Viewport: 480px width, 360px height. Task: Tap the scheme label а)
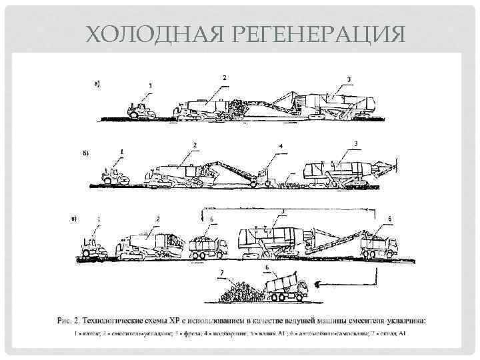point(97,84)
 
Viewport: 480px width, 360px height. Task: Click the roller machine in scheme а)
point(142,111)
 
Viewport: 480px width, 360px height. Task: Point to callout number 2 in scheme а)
point(224,78)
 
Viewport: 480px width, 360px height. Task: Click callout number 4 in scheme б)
point(281,145)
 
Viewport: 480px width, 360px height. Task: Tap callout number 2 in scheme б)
point(194,145)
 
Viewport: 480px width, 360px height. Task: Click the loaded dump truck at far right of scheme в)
point(378,247)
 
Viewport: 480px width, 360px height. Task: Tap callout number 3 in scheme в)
point(283,211)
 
